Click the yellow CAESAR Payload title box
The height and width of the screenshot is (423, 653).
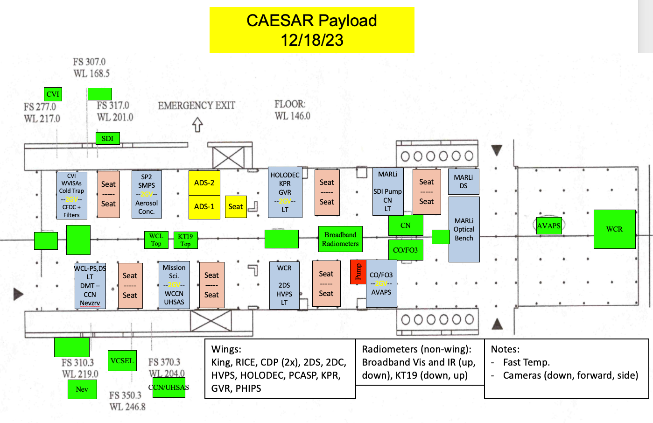pos(312,30)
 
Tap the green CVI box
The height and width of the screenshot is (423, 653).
pos(53,94)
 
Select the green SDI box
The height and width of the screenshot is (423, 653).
pos(107,139)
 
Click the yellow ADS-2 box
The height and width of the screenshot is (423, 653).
pos(204,183)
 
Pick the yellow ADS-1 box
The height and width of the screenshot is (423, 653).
pos(204,207)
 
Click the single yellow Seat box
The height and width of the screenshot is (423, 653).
pos(236,207)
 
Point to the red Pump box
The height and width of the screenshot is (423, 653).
pos(358,272)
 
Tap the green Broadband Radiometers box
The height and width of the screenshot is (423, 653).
pos(340,239)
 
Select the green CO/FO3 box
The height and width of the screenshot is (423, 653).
pos(406,250)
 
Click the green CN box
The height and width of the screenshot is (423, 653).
pos(406,226)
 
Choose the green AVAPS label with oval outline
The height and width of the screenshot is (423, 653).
pos(548,226)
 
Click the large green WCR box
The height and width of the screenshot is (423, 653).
pos(614,229)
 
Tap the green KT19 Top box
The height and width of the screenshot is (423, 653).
pos(185,240)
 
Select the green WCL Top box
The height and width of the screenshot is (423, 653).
pos(156,240)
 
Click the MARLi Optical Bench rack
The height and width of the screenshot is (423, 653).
pos(464,229)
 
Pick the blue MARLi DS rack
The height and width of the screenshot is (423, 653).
pos(463,182)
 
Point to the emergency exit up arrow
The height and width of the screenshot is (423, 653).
pos(197,125)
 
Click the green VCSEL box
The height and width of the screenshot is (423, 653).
pos(122,361)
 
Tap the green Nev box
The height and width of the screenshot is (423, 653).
pos(82,389)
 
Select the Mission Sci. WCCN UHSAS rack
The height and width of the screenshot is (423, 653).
pos(174,285)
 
